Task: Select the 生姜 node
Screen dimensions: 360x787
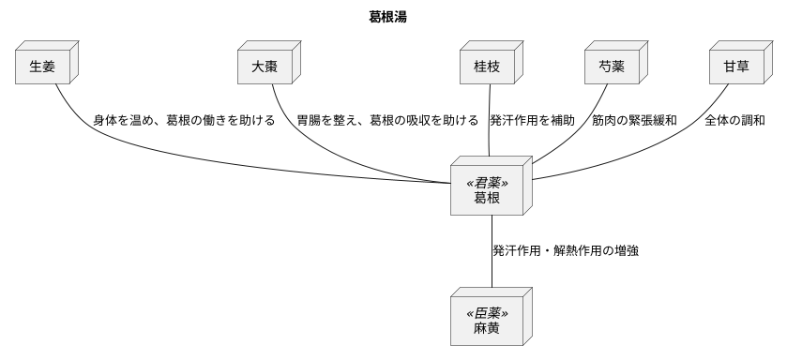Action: click(42, 67)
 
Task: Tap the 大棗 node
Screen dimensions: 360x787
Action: click(265, 67)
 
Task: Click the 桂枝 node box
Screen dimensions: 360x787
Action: click(487, 67)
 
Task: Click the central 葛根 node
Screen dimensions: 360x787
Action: click(487, 199)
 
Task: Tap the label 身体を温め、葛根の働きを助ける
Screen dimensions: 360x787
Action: click(184, 121)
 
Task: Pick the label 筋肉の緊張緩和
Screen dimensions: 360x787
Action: click(634, 121)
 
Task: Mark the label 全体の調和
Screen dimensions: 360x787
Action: click(734, 121)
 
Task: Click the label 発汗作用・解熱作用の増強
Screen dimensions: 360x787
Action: click(566, 251)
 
